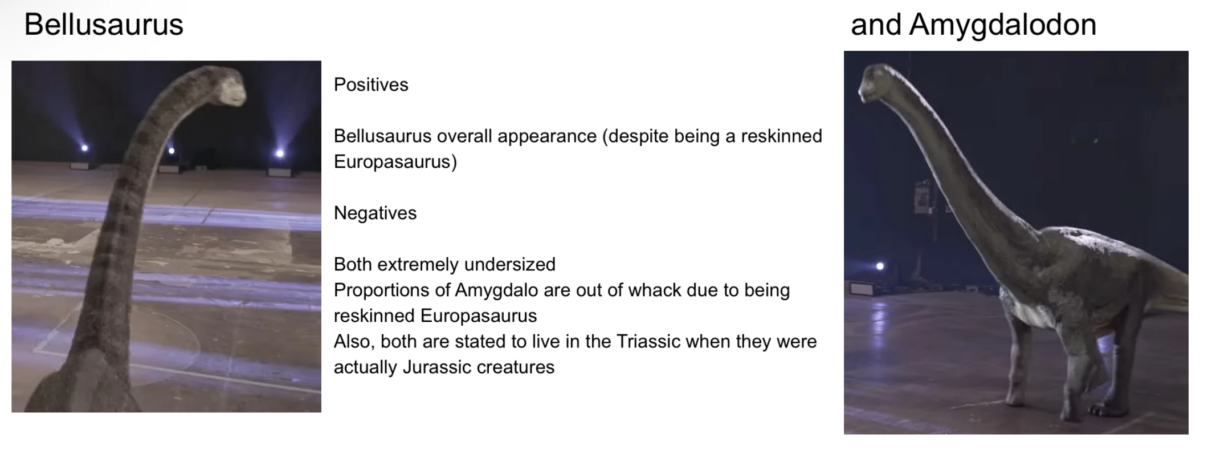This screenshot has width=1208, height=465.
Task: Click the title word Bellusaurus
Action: point(104,25)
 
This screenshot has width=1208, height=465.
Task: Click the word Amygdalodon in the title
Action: point(1003,25)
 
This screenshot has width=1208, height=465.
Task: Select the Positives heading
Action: point(371,84)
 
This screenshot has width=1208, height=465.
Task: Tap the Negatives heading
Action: point(375,213)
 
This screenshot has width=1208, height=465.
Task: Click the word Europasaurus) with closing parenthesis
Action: point(395,162)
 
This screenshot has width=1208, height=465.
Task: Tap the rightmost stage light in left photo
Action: point(280,153)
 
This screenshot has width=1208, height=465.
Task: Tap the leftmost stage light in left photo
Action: point(84,148)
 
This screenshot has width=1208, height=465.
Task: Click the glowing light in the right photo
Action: point(880,266)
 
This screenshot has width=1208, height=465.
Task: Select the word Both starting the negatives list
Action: point(353,264)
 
